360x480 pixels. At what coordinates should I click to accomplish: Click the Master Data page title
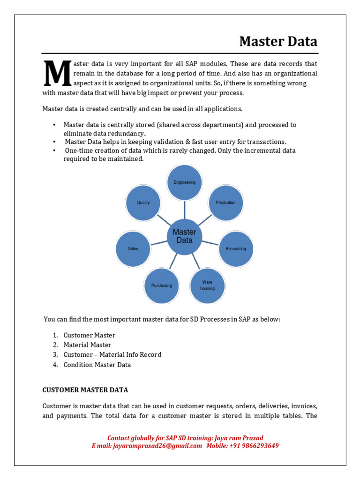(278, 42)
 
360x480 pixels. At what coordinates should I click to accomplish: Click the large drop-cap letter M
(57, 74)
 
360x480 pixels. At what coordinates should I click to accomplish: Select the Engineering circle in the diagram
(185, 182)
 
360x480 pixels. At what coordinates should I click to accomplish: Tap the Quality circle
(143, 202)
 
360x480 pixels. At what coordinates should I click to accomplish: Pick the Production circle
(225, 202)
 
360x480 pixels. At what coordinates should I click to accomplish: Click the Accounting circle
(236, 248)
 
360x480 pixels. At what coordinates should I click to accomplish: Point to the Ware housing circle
(207, 285)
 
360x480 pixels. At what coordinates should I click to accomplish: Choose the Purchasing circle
(162, 285)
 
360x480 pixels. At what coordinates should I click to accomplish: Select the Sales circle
(133, 248)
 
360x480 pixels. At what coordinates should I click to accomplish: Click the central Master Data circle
(185, 236)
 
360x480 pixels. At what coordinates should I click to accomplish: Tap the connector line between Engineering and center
(185, 208)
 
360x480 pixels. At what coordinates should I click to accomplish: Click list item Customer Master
(89, 335)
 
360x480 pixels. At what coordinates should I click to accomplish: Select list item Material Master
(87, 345)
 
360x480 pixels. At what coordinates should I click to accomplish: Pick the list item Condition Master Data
(97, 365)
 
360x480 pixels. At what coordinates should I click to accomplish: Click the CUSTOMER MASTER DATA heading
(85, 390)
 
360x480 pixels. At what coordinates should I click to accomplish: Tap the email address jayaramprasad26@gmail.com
(157, 446)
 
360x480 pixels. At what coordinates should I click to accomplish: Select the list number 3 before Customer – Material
(55, 355)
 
